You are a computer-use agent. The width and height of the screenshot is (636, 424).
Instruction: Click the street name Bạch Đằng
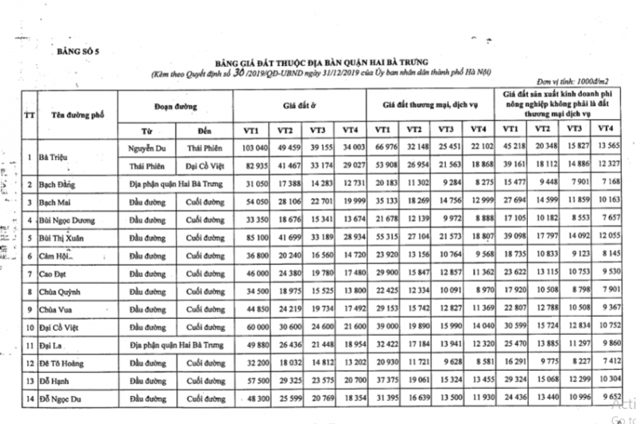pyautogui.click(x=59, y=185)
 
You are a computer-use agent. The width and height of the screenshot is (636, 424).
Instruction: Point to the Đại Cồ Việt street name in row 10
pyautogui.click(x=61, y=326)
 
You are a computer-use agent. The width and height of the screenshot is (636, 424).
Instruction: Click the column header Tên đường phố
pyautogui.click(x=76, y=115)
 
